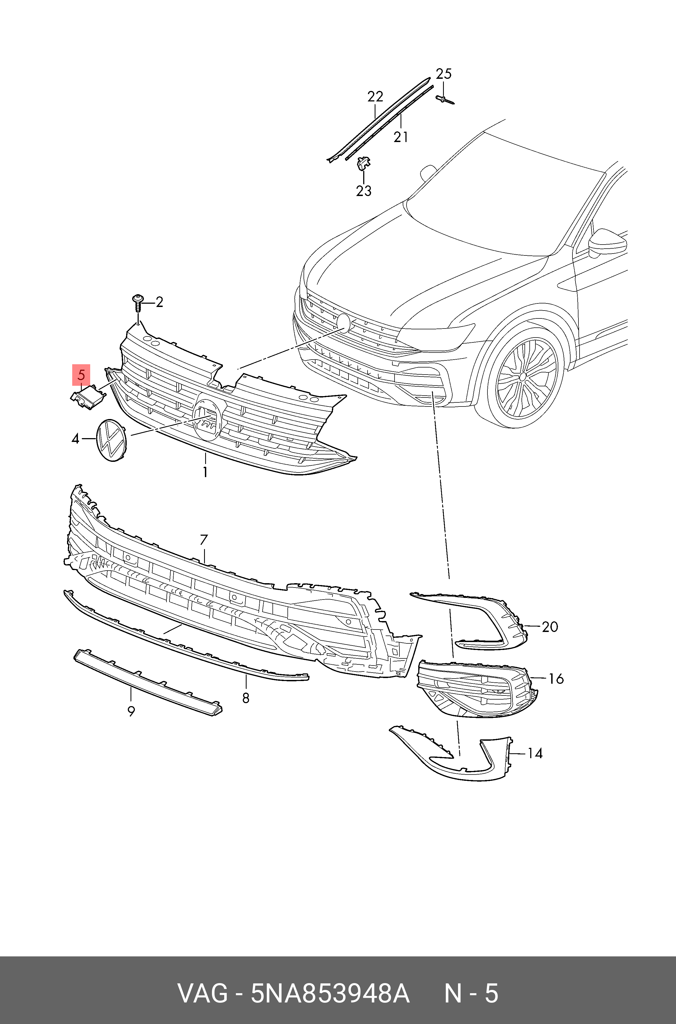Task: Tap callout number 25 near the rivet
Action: click(443, 74)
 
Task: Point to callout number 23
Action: click(363, 190)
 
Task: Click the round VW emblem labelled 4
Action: click(110, 440)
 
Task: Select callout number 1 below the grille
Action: click(205, 472)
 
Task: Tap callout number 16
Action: click(556, 679)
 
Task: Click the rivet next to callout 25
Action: click(444, 100)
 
